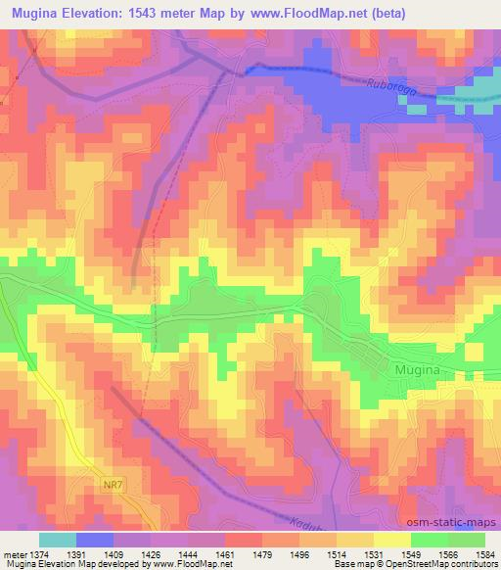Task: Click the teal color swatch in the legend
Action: coord(58,540)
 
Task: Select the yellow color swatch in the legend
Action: coord(392,540)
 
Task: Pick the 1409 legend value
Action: coord(106,554)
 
